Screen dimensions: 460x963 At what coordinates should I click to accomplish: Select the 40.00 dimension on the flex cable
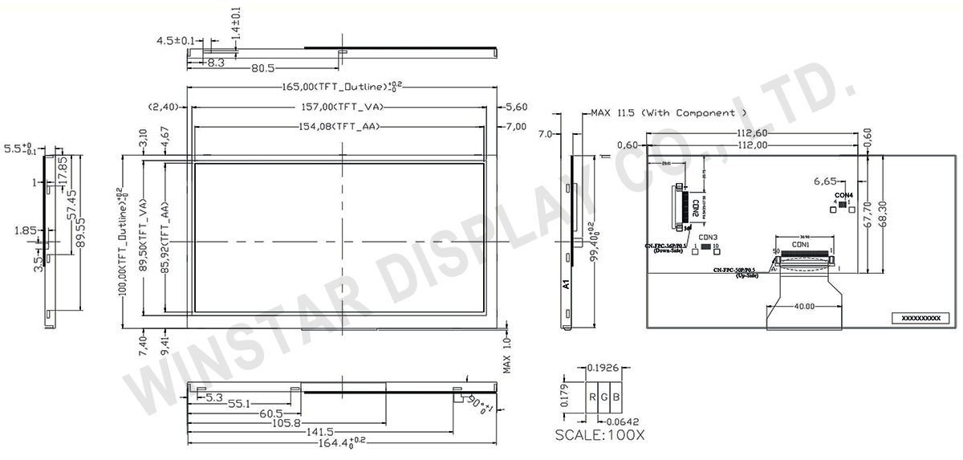[804, 306]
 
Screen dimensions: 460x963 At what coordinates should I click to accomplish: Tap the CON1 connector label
[801, 244]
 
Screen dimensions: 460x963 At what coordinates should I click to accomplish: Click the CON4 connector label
[843, 195]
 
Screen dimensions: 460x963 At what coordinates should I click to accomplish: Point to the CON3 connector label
[707, 237]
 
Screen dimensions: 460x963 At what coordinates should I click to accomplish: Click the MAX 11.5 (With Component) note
[669, 113]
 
